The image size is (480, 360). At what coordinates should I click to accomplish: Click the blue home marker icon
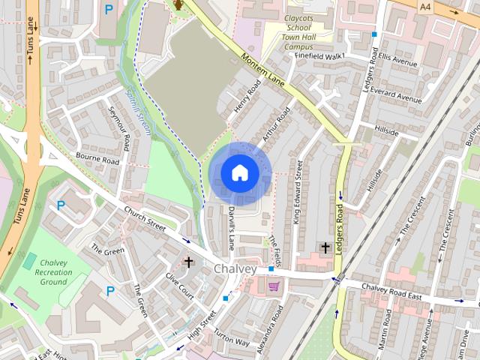tap(239, 173)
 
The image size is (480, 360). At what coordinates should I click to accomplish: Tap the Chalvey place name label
tap(235, 268)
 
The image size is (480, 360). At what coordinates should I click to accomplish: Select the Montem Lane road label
tap(262, 70)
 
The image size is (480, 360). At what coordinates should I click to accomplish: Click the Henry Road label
tap(245, 97)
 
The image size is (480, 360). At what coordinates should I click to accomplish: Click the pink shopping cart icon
tap(274, 286)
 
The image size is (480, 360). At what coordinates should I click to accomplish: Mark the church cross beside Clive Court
tap(188, 262)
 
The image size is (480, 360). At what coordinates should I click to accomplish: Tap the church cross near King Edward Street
tap(325, 247)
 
